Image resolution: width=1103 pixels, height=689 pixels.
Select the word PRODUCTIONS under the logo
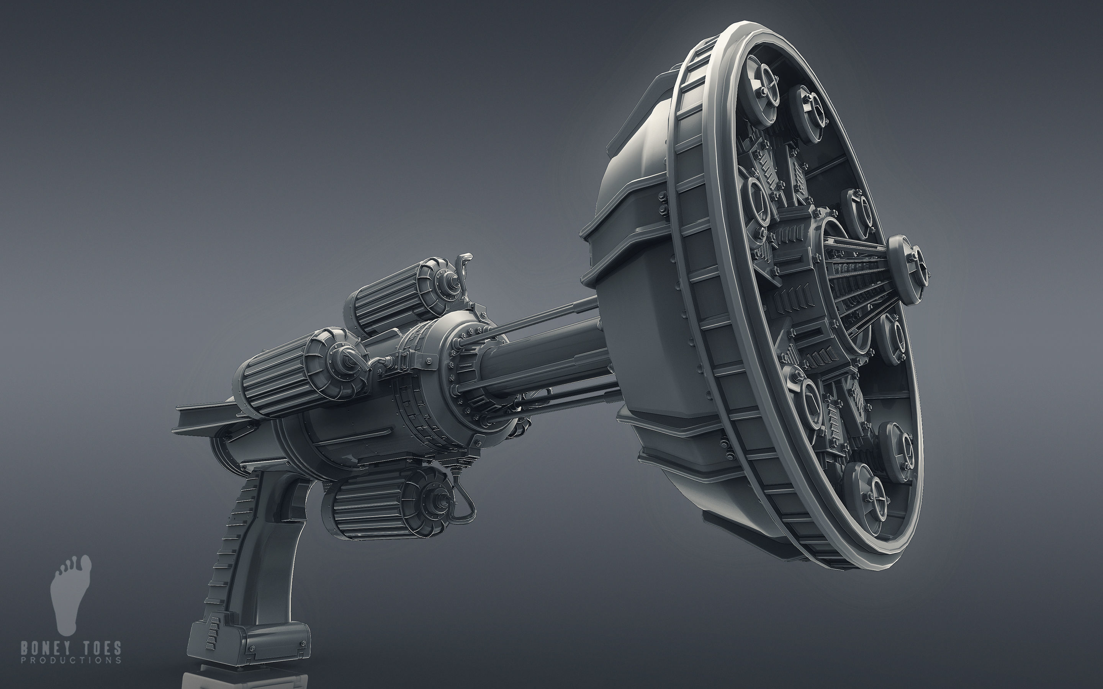71,660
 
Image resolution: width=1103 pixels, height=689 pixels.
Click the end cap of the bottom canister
435,499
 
